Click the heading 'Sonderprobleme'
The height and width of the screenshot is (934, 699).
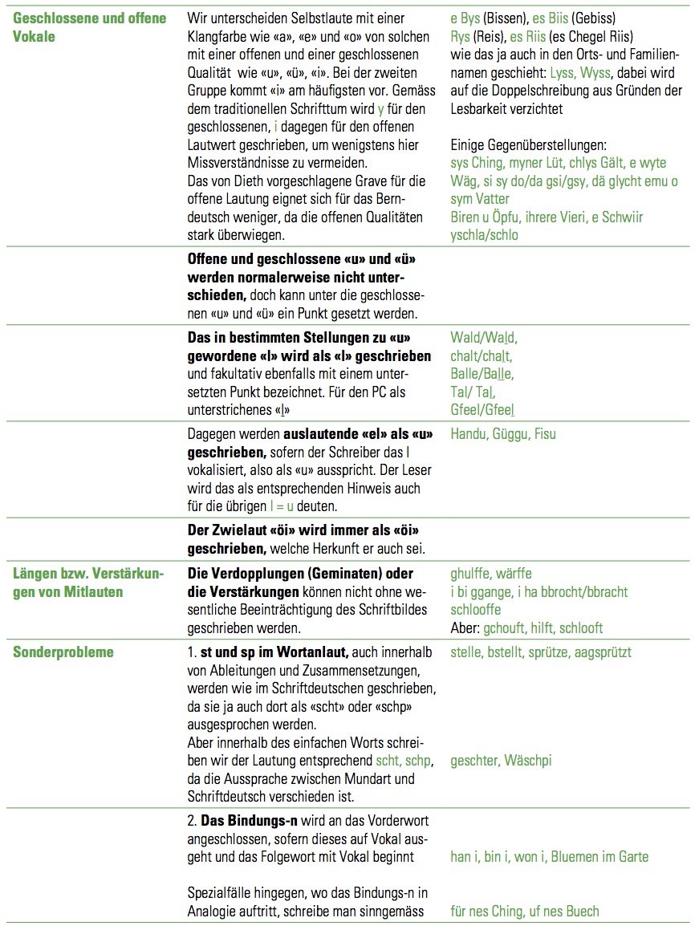pos(63,652)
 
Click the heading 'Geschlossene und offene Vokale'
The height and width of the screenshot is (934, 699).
pos(89,26)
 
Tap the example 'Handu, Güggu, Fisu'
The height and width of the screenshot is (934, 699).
pos(503,434)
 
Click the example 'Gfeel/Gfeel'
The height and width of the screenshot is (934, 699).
pos(482,408)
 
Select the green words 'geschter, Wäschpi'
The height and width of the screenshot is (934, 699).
pos(501,761)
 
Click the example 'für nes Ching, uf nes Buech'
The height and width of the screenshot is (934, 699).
pos(525,911)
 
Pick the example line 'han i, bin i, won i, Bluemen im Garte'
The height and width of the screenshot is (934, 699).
pos(549,857)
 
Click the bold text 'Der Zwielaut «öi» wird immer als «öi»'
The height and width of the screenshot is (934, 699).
pos(303,531)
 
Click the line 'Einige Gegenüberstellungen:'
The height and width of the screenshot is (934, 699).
pos(529,145)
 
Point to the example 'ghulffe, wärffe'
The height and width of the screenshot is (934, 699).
pos(491,574)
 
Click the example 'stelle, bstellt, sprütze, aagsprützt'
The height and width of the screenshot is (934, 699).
pos(541,652)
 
